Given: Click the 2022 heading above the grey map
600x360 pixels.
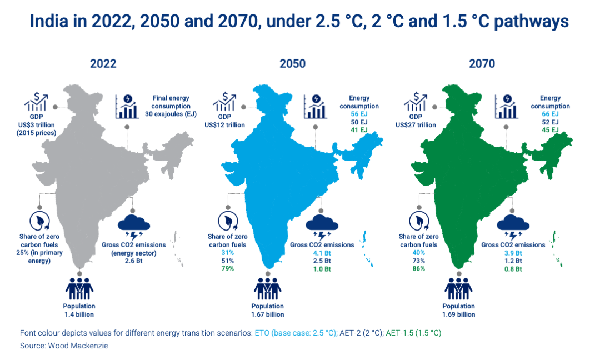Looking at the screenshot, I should (x=103, y=63).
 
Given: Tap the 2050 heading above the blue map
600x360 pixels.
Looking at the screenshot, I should (x=292, y=63).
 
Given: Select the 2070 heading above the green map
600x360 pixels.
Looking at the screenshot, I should (x=482, y=63).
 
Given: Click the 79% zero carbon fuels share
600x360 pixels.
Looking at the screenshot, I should (x=228, y=269).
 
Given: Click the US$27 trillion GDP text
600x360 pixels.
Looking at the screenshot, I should (x=415, y=125).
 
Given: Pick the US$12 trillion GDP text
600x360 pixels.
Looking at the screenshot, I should (x=224, y=125).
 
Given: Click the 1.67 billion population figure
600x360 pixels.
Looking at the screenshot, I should (x=268, y=314).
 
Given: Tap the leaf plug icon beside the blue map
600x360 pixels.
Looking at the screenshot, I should (x=227, y=221).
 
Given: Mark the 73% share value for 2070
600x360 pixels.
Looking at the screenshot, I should (x=418, y=261).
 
